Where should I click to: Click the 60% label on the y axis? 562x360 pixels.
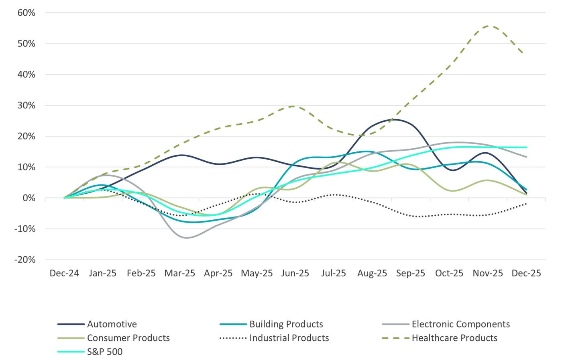coord(26,13)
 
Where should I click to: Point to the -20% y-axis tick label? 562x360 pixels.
coord(25,260)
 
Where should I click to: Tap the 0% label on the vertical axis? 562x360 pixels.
coord(29,198)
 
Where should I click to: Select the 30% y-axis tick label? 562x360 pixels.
coord(26,106)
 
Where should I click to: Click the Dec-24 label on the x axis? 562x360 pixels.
coord(64,273)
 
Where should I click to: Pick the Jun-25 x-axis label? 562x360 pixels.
coord(295,273)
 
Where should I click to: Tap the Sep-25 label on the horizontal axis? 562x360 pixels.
coord(410,273)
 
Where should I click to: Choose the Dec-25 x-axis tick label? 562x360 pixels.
coord(526,273)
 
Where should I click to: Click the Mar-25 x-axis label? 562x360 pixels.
coord(179,273)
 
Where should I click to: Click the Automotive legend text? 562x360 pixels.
coord(112,324)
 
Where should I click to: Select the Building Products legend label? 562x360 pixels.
coord(286,324)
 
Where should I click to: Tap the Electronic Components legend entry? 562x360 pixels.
coord(460,324)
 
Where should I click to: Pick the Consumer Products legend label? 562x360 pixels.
coord(128,338)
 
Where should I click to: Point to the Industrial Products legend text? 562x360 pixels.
coord(289,338)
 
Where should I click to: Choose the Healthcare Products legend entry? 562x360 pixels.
coord(454,338)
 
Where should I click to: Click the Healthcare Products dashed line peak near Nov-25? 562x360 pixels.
coord(488,26)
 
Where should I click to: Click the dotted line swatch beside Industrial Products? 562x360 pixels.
coord(233,338)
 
